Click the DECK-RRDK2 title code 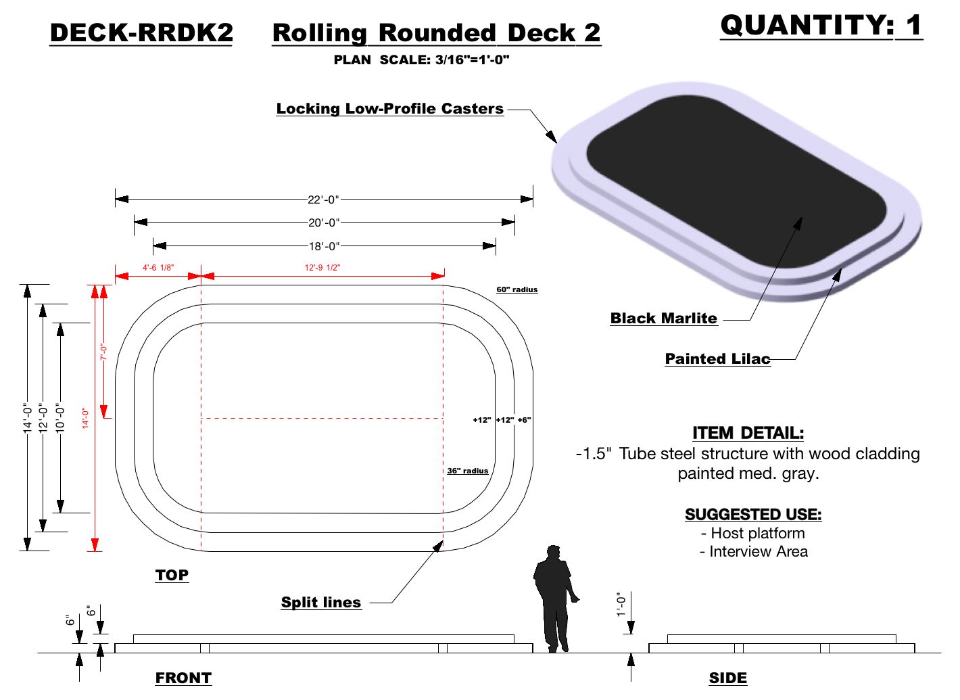point(141,33)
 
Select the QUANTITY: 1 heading point(821,26)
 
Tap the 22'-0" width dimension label point(323,200)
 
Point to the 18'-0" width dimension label point(324,246)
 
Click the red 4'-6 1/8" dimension point(158,268)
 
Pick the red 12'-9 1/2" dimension point(322,268)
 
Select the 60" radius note point(517,289)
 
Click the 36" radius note point(467,471)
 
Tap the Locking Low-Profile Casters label point(390,109)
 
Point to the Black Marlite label point(663,319)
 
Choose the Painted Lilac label point(717,359)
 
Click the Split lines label point(321,603)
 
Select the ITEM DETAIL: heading point(748,433)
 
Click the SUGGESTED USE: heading point(753,515)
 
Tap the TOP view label point(172,576)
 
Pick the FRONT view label point(183,678)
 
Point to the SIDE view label point(728,678)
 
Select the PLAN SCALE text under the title point(421,60)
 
